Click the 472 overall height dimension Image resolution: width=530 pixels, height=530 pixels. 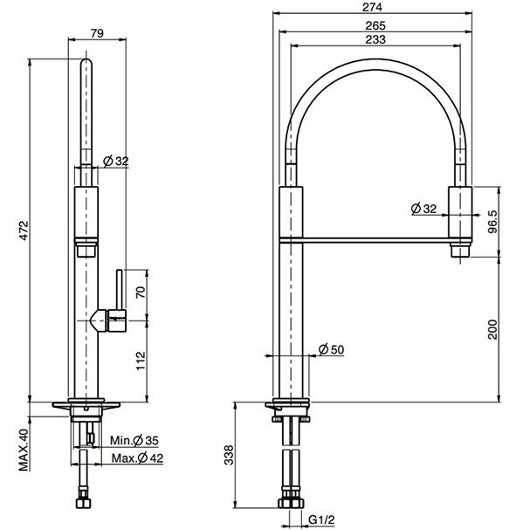click(24, 231)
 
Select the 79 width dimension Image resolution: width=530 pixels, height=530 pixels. click(97, 33)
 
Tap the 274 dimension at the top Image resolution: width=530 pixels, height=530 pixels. click(372, 7)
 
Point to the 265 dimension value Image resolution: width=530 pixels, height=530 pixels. click(375, 25)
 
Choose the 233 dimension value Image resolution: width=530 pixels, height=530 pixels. click(375, 39)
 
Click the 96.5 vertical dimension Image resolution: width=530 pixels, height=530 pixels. click(493, 222)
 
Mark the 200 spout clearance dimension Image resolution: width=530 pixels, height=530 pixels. click(493, 329)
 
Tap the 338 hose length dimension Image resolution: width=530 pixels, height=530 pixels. click(229, 455)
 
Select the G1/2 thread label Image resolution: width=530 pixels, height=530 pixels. click(321, 520)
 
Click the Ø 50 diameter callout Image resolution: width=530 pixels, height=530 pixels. click(331, 349)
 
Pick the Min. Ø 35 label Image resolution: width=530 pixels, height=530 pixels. click(134, 440)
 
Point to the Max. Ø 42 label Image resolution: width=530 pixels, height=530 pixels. click(137, 458)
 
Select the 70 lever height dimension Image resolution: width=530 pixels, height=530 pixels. click(141, 292)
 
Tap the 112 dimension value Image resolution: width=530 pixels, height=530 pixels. click(141, 361)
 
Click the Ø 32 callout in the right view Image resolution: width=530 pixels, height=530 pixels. click(423, 209)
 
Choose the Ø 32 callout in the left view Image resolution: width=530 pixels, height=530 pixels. click(116, 162)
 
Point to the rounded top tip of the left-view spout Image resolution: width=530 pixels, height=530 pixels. click(86, 61)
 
